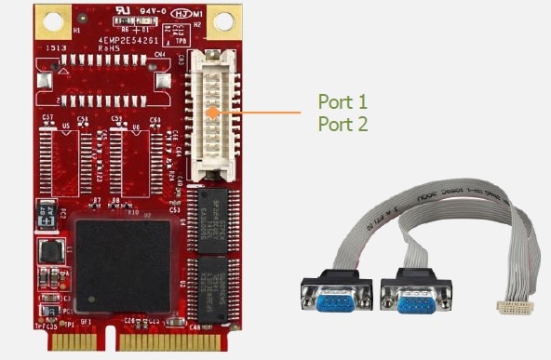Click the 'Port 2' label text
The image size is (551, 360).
coord(342,123)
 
